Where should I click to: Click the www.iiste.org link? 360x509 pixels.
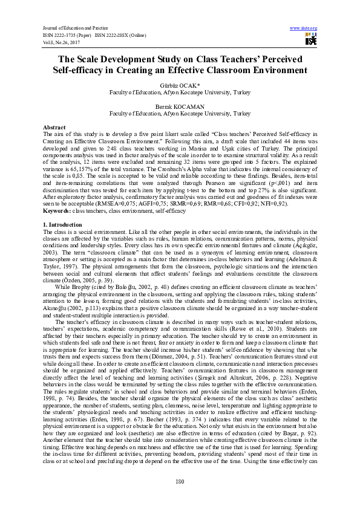click(304, 28)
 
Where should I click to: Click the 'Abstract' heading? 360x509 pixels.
click(54, 128)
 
